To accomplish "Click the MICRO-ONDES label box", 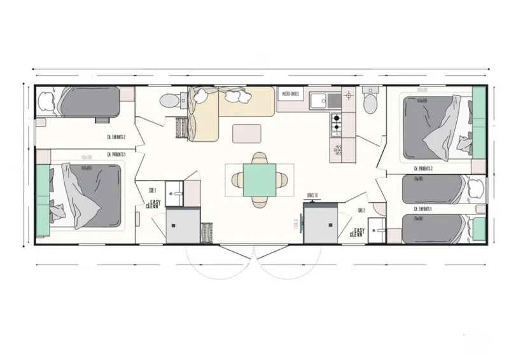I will pyautogui.click(x=291, y=94).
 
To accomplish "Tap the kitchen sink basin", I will pyautogui.click(x=317, y=99).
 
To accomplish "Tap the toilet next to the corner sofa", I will pyautogui.click(x=169, y=100).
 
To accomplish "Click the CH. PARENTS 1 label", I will pyautogui.click(x=116, y=153).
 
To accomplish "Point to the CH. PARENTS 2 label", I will pyautogui.click(x=423, y=169).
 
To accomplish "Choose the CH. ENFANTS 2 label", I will pyautogui.click(x=116, y=137).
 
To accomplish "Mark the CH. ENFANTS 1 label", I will pyautogui.click(x=423, y=209).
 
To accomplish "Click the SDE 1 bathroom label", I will pyautogui.click(x=153, y=190).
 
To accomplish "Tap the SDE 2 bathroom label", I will pyautogui.click(x=361, y=209).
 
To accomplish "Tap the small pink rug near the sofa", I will pyautogui.click(x=247, y=134).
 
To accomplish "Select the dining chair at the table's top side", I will pyautogui.click(x=259, y=158).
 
